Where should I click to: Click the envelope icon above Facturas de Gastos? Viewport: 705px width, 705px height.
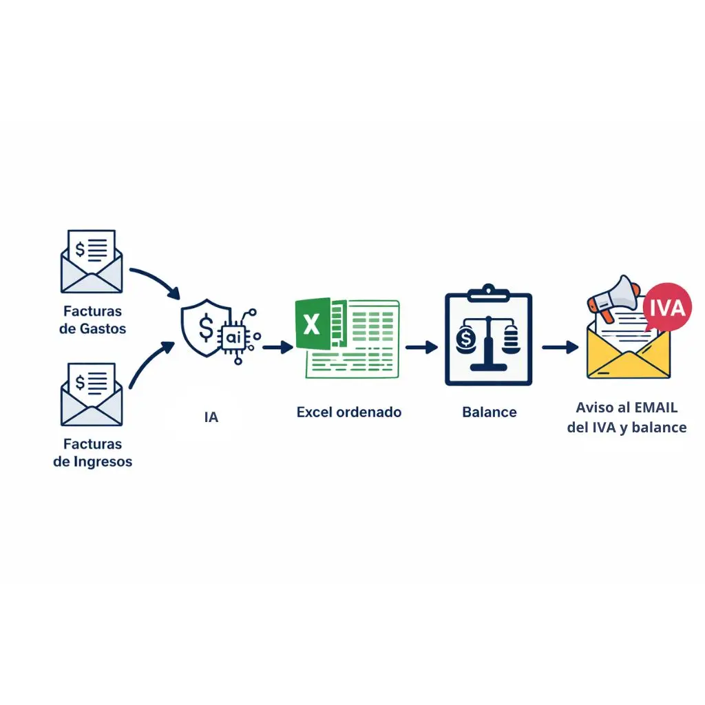(92, 262)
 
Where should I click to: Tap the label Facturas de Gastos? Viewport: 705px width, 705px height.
(93, 319)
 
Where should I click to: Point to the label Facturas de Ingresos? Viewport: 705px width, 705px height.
(92, 452)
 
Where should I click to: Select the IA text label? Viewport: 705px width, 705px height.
(211, 417)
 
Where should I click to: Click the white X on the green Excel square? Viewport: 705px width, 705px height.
(312, 324)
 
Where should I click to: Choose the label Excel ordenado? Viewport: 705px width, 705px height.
(348, 412)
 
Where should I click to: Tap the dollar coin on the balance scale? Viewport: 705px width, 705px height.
(467, 338)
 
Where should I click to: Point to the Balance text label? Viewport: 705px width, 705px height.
(489, 412)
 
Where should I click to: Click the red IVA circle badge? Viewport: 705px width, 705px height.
(666, 307)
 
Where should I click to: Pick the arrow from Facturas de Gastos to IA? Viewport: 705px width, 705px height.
(155, 279)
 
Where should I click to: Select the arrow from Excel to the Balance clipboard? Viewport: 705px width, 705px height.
(421, 347)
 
